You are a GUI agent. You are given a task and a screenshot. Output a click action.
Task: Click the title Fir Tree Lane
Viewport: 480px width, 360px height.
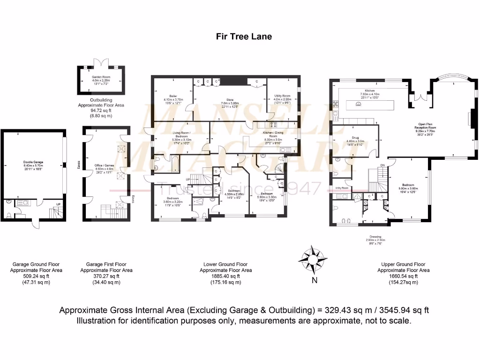244,36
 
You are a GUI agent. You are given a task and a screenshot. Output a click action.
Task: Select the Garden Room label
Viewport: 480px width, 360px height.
101,77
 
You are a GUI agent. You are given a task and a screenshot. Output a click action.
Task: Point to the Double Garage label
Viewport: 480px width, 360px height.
33,163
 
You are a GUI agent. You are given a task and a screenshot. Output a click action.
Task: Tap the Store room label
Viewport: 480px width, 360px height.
230,99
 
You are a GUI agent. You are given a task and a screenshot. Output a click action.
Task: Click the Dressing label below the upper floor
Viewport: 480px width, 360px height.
375,237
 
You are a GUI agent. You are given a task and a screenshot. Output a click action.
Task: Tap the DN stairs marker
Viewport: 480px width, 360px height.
382,165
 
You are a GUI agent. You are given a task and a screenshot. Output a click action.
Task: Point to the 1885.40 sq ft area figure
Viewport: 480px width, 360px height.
226,276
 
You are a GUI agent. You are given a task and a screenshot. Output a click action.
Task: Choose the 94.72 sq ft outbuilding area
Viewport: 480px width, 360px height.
101,111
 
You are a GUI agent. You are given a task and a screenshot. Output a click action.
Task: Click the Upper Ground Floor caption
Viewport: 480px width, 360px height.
404,264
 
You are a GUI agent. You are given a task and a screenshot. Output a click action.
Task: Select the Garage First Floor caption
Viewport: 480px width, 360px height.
106,264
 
